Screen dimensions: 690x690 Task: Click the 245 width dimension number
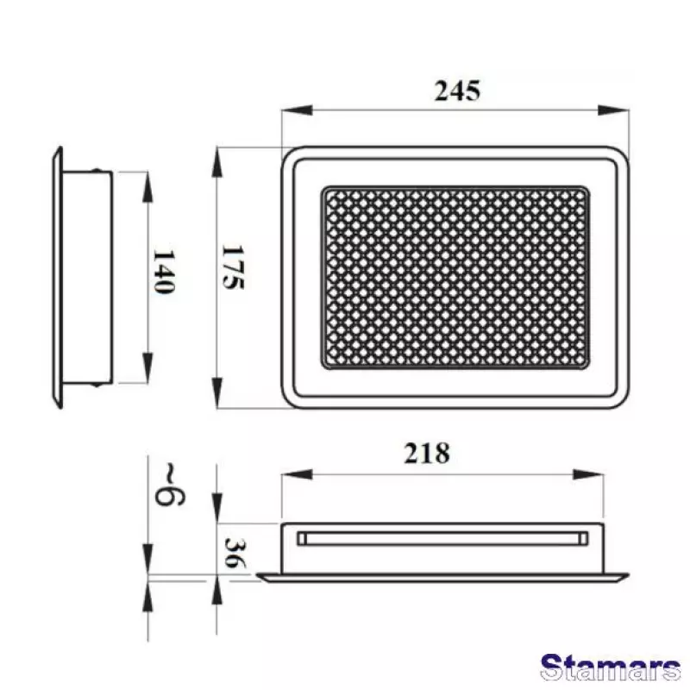click(x=456, y=91)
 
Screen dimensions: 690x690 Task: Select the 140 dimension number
click(x=164, y=272)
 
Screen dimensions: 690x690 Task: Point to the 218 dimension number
click(x=427, y=453)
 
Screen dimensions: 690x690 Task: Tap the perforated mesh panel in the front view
click(x=456, y=275)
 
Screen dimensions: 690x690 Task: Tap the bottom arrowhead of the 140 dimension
click(x=148, y=371)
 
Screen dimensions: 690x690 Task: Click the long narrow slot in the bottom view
click(x=442, y=539)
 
